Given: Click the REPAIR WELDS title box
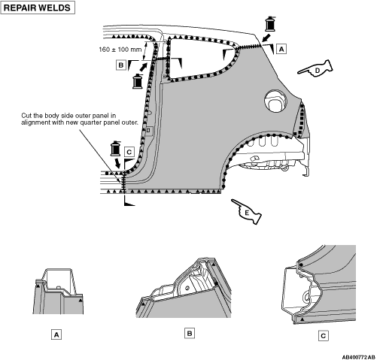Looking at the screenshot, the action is (38, 8).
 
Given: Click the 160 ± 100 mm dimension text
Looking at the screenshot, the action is (120, 50).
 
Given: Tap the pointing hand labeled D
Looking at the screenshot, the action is (316, 68).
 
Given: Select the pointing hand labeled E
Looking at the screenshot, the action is (247, 211).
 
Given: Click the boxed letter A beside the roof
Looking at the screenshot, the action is (281, 49).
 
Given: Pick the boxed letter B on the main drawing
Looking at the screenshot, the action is (121, 65).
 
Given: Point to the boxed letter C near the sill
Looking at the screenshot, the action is (129, 152).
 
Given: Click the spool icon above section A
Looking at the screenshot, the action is (270, 24).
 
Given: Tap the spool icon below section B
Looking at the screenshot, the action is (138, 81).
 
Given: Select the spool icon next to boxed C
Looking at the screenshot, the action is (116, 149).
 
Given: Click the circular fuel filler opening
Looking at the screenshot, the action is (275, 101).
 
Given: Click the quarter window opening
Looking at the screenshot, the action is (201, 57).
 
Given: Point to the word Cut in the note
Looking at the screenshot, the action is (26, 116).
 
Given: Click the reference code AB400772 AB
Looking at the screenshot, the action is (359, 357).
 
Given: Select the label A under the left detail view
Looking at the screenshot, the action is (56, 334).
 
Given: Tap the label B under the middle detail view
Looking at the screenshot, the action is (190, 334).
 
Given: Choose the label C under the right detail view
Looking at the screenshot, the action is (323, 336).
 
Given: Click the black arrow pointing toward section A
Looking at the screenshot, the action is (266, 38).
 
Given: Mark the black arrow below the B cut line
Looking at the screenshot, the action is (144, 67).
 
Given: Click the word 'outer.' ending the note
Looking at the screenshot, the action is (130, 123).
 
